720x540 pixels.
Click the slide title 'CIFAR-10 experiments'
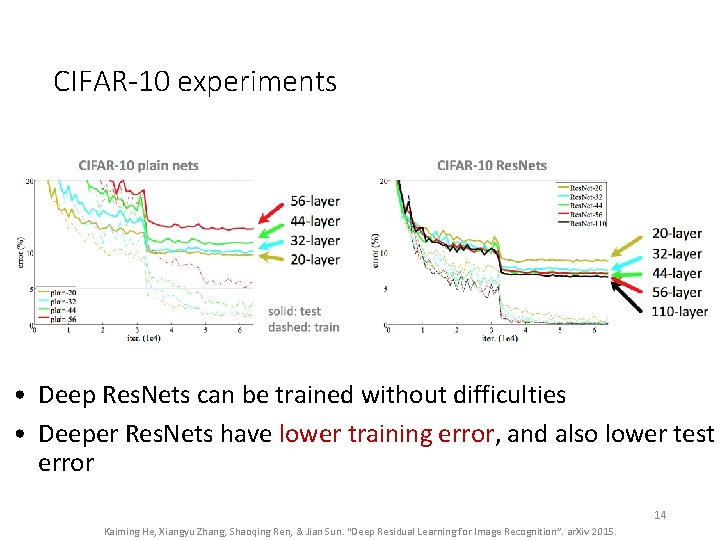point(195,81)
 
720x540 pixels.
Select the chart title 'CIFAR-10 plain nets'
point(138,165)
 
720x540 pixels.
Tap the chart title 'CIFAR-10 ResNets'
point(492,165)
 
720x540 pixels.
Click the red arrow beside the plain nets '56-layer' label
point(270,212)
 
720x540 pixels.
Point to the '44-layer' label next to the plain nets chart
point(315,221)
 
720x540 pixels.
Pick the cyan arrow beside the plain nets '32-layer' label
point(270,240)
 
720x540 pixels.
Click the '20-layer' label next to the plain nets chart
point(315,259)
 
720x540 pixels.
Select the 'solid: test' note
point(295,311)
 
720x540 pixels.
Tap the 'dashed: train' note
point(304,327)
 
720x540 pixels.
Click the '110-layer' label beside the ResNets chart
point(679,311)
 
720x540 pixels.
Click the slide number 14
point(660,515)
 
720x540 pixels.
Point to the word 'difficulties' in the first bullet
point(506,395)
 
